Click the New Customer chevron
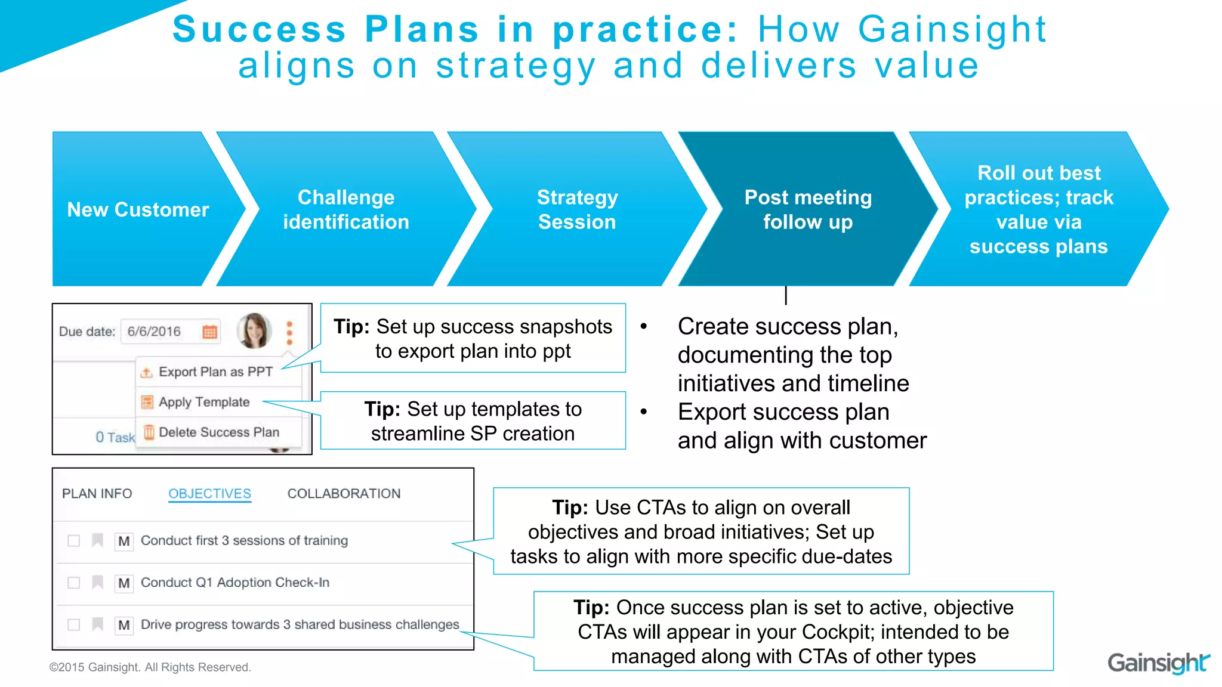click(x=138, y=209)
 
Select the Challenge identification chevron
click(x=346, y=209)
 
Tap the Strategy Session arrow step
click(x=577, y=209)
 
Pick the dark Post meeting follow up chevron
click(x=808, y=209)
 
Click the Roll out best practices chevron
click(x=1038, y=209)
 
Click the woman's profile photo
click(x=254, y=330)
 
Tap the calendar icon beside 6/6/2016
click(x=209, y=332)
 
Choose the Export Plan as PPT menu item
click(x=215, y=372)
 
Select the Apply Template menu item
click(x=203, y=402)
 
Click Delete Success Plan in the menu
click(x=218, y=432)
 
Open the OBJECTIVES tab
click(x=209, y=493)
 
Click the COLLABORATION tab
click(x=344, y=493)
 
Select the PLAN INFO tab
click(x=97, y=493)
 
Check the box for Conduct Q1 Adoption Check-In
click(x=74, y=582)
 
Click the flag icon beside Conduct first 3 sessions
click(x=97, y=540)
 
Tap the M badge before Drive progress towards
click(x=124, y=624)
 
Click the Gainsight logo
click(x=1158, y=663)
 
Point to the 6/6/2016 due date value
click(x=154, y=332)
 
